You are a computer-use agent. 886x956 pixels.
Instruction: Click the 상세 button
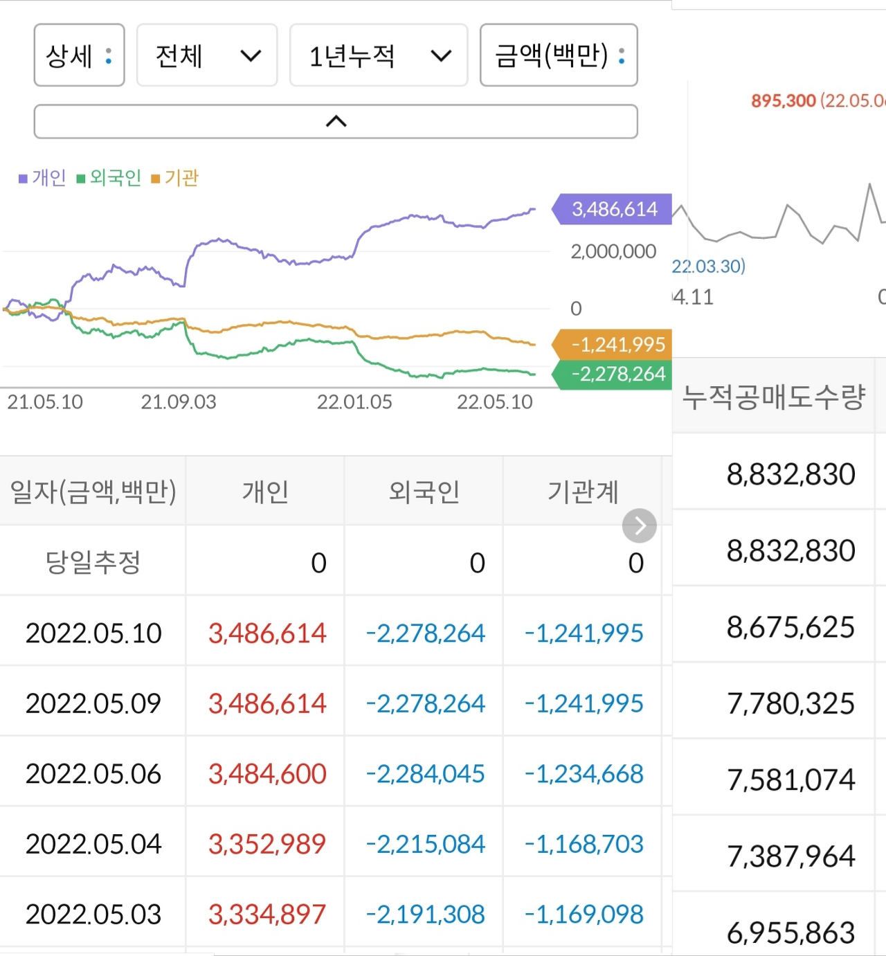click(x=79, y=55)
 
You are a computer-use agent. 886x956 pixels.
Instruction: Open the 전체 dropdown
click(x=207, y=55)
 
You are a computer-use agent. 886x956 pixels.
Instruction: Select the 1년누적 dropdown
click(x=379, y=55)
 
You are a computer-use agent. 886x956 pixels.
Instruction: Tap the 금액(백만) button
click(x=559, y=55)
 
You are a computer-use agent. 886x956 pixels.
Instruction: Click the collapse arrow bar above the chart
click(x=336, y=122)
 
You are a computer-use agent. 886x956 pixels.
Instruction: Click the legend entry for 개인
click(x=43, y=178)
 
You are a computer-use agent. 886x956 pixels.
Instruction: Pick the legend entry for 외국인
click(x=109, y=178)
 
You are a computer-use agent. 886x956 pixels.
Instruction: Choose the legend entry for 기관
click(x=175, y=178)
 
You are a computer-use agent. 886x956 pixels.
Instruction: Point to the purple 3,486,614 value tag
click(x=613, y=209)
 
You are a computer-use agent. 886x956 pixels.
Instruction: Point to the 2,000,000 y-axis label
click(x=613, y=251)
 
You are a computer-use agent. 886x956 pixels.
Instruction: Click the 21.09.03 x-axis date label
click(x=179, y=402)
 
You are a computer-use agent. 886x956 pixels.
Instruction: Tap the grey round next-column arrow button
click(x=639, y=526)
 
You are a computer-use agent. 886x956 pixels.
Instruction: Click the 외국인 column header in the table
click(x=424, y=491)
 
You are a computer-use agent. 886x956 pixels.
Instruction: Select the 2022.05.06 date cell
click(x=93, y=773)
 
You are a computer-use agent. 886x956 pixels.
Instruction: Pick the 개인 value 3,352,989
click(x=267, y=844)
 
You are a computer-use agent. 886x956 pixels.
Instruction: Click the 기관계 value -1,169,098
click(x=584, y=914)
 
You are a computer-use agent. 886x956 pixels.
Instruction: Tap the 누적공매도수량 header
click(x=774, y=397)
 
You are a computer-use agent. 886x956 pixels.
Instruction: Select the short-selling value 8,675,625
click(x=790, y=627)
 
